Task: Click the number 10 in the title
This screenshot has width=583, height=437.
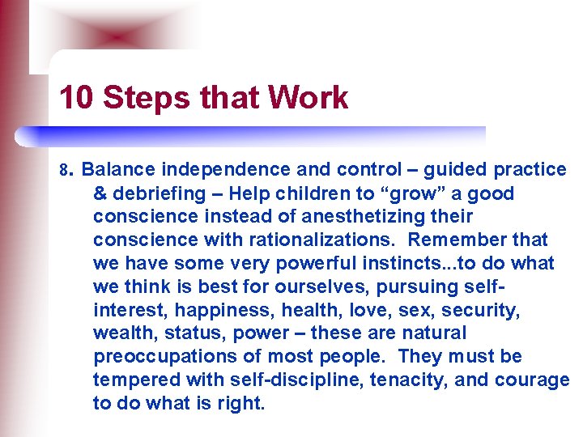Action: [x=77, y=98]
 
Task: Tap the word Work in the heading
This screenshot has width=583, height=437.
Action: [x=309, y=98]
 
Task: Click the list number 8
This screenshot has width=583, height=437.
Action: [x=66, y=171]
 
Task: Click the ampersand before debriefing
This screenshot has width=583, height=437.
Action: [x=100, y=193]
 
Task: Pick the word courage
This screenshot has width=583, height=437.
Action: [x=538, y=380]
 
